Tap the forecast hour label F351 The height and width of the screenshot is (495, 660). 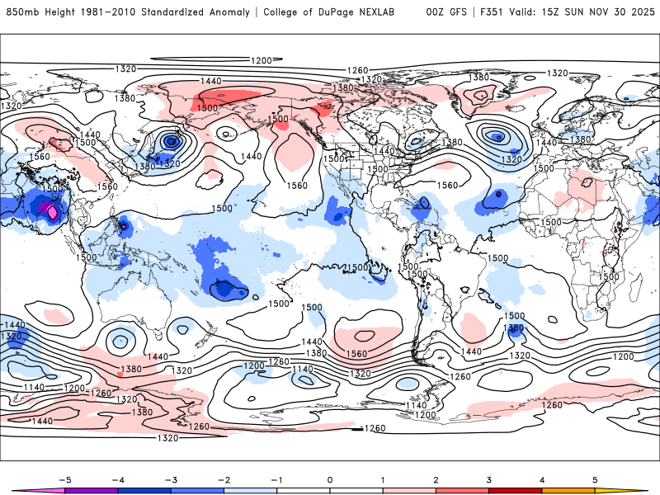490,12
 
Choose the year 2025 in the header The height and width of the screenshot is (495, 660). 640,12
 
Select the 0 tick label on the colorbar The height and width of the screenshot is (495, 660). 330,479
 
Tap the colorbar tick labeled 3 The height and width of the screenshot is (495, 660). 489,479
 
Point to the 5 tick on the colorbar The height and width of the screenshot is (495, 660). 596,479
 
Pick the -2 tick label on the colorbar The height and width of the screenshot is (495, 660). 223,479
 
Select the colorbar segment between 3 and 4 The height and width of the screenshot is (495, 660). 516,491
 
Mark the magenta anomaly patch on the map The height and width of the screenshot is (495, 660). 51,212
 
